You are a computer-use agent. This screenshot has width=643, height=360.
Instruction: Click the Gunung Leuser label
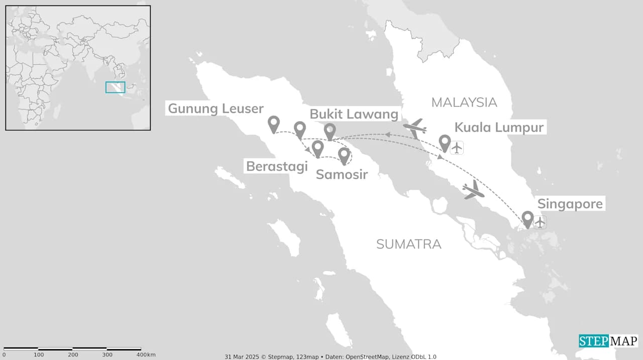click(216, 108)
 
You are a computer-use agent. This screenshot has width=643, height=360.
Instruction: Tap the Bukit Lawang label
click(354, 114)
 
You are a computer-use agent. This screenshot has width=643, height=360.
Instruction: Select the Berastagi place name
click(277, 166)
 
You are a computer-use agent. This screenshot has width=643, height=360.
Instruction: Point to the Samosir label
click(342, 175)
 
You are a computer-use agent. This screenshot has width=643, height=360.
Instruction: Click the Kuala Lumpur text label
click(499, 128)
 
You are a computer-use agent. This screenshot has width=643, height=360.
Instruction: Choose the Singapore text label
click(570, 204)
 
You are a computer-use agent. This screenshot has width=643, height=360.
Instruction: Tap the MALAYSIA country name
click(464, 102)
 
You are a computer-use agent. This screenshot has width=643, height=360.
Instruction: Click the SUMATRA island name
click(408, 245)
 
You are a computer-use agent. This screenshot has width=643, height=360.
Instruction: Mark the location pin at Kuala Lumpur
click(445, 142)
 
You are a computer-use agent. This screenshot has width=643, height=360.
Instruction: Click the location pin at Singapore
click(527, 218)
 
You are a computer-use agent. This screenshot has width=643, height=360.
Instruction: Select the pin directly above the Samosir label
click(344, 155)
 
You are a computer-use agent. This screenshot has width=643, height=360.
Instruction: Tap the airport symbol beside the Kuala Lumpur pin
click(457, 148)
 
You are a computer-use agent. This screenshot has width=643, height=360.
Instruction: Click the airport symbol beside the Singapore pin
click(540, 222)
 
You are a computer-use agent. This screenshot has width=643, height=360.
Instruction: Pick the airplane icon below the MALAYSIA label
click(415, 129)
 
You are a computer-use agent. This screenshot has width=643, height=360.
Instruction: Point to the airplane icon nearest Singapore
click(473, 190)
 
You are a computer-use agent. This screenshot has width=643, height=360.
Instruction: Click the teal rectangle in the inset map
click(115, 87)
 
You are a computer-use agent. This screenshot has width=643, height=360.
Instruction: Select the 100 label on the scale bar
click(39, 355)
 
